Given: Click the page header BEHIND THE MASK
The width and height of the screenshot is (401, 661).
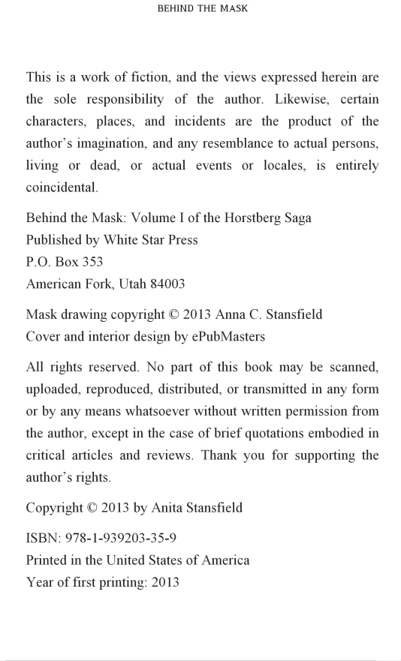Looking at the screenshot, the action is click(x=202, y=9).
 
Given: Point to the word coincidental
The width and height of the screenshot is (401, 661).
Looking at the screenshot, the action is click(x=62, y=188).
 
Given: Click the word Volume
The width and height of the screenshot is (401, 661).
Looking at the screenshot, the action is click(x=154, y=218).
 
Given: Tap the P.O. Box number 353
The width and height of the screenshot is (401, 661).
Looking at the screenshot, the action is click(x=90, y=262).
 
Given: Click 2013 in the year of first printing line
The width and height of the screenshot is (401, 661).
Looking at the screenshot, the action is click(x=164, y=581).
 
